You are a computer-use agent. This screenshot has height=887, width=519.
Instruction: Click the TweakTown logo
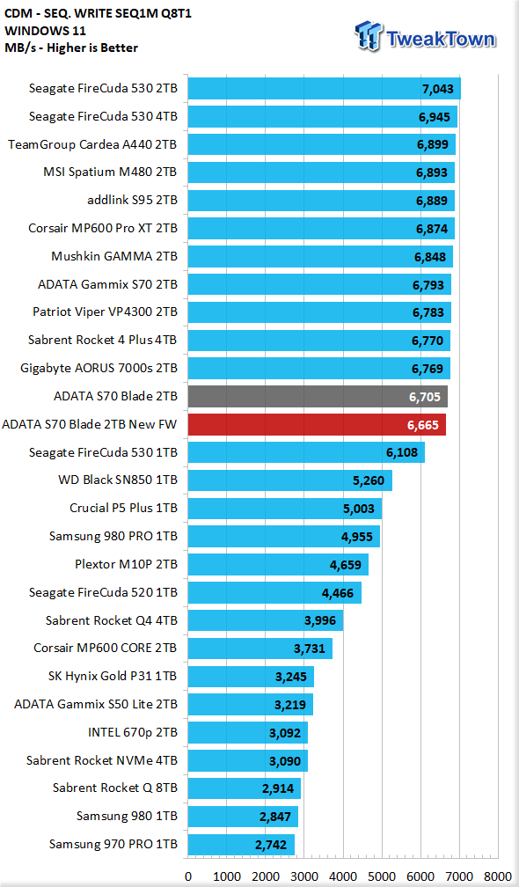pyautogui.click(x=425, y=37)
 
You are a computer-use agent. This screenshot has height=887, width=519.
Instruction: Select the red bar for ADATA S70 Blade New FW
pyautogui.click(x=317, y=425)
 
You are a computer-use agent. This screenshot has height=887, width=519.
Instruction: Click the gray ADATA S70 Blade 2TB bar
pyautogui.click(x=318, y=397)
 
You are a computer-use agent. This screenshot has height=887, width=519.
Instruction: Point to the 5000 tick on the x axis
pyautogui.click(x=382, y=876)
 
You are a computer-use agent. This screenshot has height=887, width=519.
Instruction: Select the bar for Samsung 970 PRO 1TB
pyautogui.click(x=241, y=845)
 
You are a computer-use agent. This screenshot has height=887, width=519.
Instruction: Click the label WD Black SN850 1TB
pyautogui.click(x=118, y=480)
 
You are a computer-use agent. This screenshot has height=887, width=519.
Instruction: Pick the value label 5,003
pyautogui.click(x=358, y=509)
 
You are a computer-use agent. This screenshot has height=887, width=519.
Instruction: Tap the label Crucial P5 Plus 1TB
pyautogui.click(x=123, y=508)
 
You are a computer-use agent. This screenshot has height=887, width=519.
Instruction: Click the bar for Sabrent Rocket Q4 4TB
pyautogui.click(x=265, y=620)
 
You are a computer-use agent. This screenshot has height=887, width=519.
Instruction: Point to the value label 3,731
pyautogui.click(x=310, y=649)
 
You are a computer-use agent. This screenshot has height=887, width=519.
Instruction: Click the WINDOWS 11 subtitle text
pyautogui.click(x=45, y=31)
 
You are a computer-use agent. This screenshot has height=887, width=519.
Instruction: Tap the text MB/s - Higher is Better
pyautogui.click(x=71, y=48)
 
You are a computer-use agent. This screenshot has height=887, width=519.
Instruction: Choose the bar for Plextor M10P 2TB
pyautogui.click(x=278, y=565)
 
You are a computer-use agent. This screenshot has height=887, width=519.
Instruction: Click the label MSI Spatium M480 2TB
pyautogui.click(x=110, y=172)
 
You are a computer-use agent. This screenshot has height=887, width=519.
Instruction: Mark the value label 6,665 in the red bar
pyautogui.click(x=423, y=425)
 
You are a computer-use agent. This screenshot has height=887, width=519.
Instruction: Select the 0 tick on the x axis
pyautogui.click(x=187, y=876)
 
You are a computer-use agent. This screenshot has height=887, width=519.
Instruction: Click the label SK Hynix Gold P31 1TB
pyautogui.click(x=113, y=677)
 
